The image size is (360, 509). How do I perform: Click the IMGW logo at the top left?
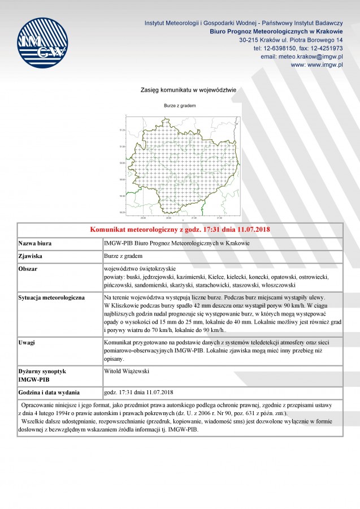[x=42, y=43]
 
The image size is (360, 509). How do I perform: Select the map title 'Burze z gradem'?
[x=180, y=106]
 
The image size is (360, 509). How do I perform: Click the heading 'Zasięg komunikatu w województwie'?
[x=188, y=90]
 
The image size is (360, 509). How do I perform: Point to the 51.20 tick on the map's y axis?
[x=122, y=131]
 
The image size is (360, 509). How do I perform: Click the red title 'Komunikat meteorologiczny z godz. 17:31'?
[x=179, y=230]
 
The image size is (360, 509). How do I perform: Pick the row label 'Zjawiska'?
[x=31, y=256]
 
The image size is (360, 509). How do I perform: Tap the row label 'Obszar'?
[x=28, y=269]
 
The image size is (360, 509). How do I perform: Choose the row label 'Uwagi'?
[x=28, y=343]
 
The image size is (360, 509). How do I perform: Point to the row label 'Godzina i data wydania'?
[x=49, y=392]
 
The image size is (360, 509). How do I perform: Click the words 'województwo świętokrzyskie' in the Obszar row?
[x=140, y=269]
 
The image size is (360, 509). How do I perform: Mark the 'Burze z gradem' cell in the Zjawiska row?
[x=123, y=256]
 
